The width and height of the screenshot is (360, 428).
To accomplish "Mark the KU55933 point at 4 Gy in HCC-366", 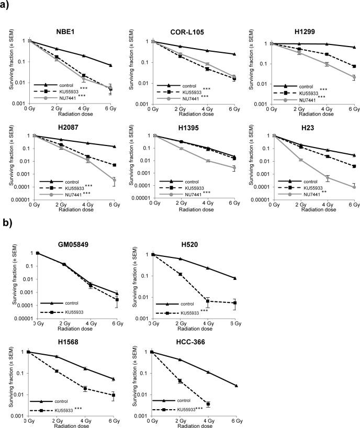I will pos(208,404).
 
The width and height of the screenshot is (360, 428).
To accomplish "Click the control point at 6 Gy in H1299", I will pos(354,47).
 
